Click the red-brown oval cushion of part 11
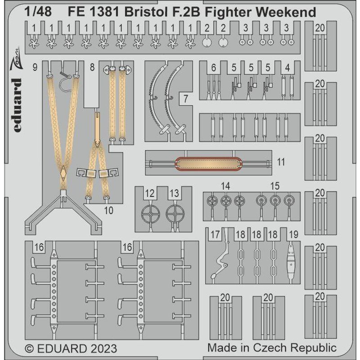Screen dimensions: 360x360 [x=208, y=162]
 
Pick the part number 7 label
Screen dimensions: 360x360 [x=185, y=98]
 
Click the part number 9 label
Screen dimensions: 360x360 [x=35, y=68]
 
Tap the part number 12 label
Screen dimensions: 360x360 [x=150, y=194]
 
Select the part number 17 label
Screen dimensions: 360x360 [x=215, y=234]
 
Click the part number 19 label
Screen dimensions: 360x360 [x=293, y=234]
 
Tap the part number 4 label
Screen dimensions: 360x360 [x=287, y=68]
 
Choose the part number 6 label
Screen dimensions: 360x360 [x=213, y=68]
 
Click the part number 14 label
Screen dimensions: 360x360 [x=225, y=186]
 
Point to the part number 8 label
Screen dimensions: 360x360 [x=92, y=68]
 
